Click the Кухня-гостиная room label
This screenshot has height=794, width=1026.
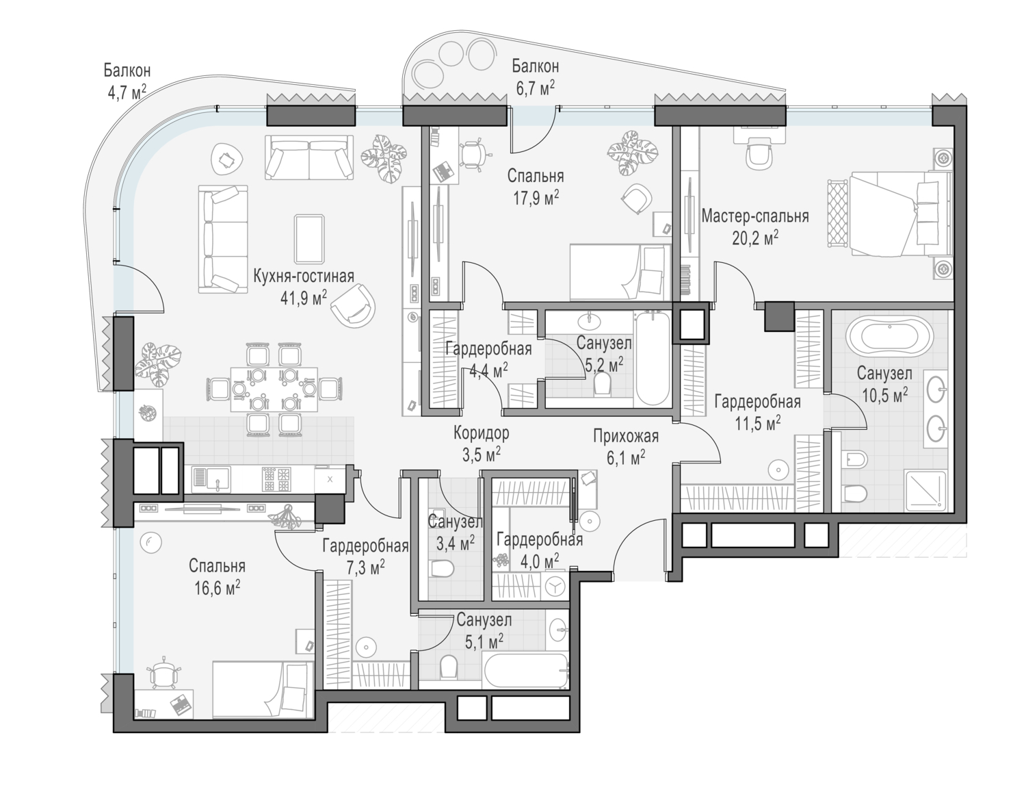[304, 276]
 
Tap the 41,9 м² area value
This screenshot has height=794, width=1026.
[304, 298]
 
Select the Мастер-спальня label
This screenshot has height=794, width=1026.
[755, 216]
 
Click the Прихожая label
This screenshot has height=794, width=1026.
[626, 436]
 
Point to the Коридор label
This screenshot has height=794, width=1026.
[482, 433]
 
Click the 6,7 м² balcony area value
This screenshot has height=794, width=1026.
[536, 88]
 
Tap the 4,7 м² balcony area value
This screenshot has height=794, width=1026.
[127, 92]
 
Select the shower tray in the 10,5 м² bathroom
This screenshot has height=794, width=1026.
[925, 491]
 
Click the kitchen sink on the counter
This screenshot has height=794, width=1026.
[211, 479]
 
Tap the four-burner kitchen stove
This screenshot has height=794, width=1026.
[276, 479]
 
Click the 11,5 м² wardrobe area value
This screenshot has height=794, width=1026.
[757, 423]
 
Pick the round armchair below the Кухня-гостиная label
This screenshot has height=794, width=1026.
[353, 305]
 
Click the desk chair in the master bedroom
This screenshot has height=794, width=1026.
[760, 154]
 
